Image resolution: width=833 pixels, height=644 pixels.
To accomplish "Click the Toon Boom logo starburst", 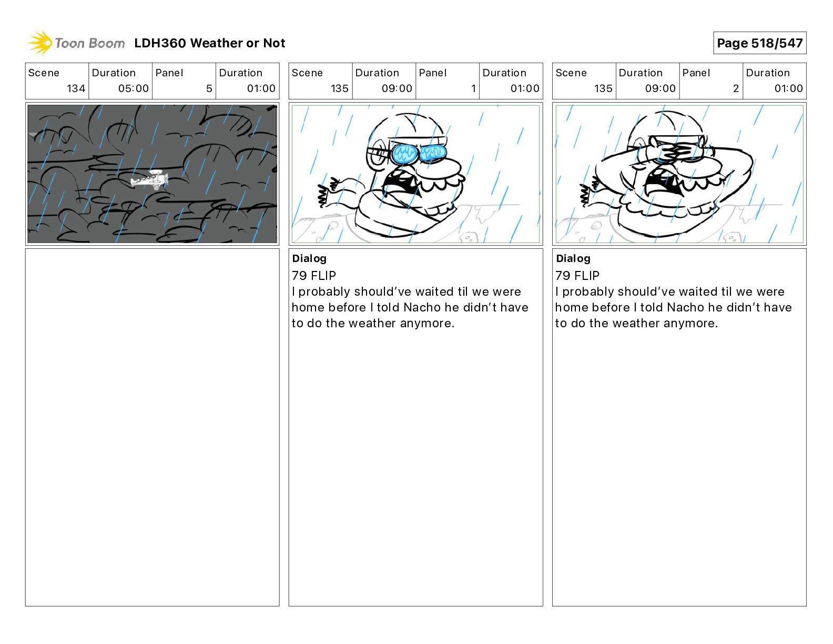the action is click(x=39, y=43).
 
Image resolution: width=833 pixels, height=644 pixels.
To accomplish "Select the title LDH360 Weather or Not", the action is click(x=210, y=43).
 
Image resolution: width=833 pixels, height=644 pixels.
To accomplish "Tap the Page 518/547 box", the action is click(x=759, y=43).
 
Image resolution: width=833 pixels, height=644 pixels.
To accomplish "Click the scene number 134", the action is click(x=76, y=88).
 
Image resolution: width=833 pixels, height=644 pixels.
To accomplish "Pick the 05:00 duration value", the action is click(x=134, y=88).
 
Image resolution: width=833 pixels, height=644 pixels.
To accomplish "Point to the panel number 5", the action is click(x=209, y=88).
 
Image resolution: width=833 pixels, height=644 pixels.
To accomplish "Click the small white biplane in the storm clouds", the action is click(x=150, y=179).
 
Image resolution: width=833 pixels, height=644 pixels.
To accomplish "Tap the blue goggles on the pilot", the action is click(x=419, y=154).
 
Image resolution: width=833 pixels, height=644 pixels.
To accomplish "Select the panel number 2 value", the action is click(x=736, y=88).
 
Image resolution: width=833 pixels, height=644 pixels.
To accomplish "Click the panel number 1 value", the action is click(x=473, y=88).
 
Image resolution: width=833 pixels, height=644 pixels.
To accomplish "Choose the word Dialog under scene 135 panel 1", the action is click(x=309, y=259).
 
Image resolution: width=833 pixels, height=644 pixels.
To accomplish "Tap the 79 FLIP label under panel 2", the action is click(x=577, y=275).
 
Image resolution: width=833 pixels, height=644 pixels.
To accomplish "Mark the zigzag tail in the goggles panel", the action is click(x=324, y=193).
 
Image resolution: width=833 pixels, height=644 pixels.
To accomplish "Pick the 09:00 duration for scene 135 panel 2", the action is click(x=660, y=88).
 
